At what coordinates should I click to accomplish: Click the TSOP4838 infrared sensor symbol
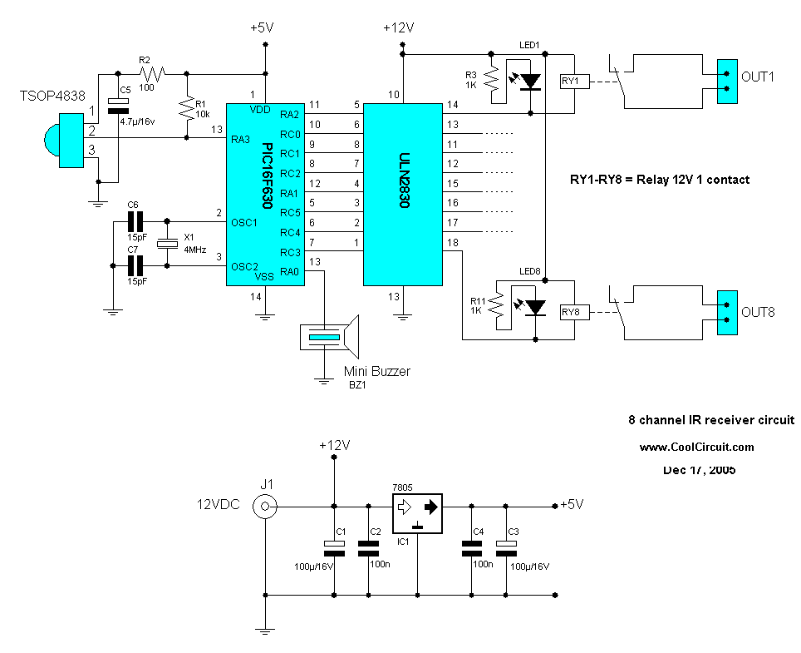64,132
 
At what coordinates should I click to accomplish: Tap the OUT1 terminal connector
727,81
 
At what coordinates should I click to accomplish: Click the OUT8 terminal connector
727,312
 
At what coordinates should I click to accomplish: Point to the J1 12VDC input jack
265,505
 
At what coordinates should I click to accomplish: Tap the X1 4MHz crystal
169,243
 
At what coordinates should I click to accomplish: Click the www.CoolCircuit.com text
696,447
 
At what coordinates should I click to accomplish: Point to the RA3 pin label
242,138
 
